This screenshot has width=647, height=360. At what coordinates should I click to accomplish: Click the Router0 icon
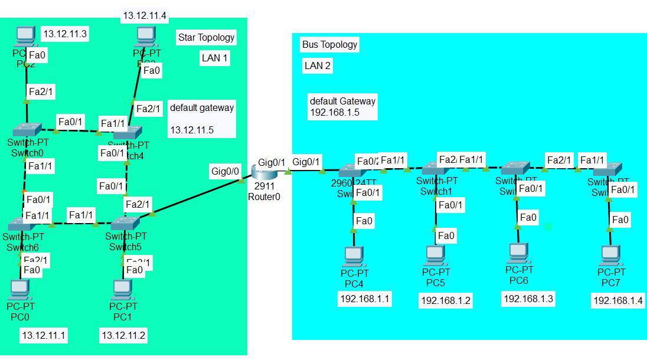[263, 172]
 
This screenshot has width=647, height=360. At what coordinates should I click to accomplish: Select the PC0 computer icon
[20, 289]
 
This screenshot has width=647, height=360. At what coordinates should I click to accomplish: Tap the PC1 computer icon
[122, 289]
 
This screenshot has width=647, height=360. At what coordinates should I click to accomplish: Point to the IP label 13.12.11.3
[65, 34]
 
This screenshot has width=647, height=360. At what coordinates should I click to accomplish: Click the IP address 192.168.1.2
[446, 300]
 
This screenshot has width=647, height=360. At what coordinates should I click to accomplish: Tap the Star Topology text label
[206, 38]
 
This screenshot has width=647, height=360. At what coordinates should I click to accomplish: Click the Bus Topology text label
[329, 44]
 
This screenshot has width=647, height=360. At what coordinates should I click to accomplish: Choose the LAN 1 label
[215, 58]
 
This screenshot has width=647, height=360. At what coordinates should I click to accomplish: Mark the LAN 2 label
[317, 66]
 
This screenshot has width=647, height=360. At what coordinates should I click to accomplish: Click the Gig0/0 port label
[226, 171]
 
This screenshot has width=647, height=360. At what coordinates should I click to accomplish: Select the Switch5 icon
[125, 224]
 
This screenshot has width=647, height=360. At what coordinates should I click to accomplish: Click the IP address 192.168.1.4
[618, 300]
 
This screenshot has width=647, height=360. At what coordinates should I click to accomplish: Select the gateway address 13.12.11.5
[192, 129]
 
